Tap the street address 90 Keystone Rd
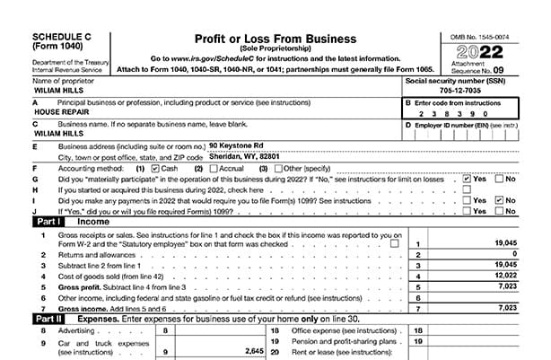tap(236, 145)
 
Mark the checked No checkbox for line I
tap(500, 200)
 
